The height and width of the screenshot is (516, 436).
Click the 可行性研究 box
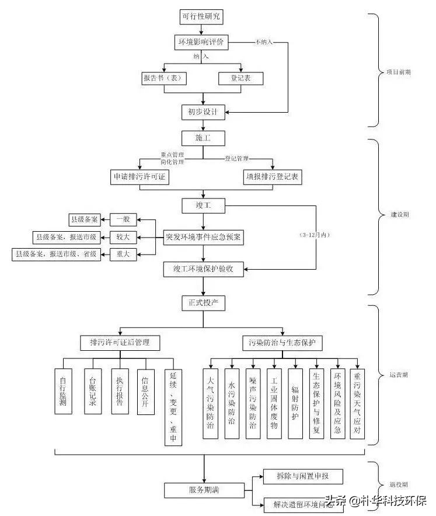tap(202, 17)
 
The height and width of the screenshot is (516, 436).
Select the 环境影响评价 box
tap(202, 43)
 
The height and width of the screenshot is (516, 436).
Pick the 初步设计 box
tap(202, 111)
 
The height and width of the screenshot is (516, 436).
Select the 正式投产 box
tap(203, 304)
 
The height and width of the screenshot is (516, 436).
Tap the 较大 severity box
tap(123, 237)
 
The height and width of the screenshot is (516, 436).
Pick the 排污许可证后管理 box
tap(120, 342)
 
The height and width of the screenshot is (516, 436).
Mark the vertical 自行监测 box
tap(63, 391)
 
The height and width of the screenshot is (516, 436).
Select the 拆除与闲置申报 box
tap(302, 476)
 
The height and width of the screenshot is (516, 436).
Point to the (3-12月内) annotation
tap(315, 235)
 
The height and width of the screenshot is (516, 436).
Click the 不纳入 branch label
tap(264, 43)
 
